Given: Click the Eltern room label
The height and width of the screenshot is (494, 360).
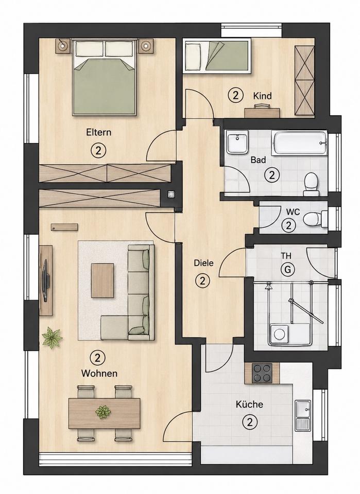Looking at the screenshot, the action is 99,132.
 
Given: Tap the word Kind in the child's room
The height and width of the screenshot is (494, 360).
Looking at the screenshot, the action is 262,96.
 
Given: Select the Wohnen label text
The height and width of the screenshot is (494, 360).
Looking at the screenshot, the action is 99,374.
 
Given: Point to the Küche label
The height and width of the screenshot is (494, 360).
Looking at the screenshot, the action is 249,404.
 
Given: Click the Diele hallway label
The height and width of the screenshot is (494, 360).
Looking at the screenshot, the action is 203,263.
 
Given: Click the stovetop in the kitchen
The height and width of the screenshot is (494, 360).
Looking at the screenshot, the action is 262,374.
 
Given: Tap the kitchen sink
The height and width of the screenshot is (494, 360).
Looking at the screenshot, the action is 303,416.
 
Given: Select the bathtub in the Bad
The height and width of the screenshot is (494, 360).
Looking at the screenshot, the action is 299,144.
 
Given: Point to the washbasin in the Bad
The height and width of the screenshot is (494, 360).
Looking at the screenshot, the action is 237,143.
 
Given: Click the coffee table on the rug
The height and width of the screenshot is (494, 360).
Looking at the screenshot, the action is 102,280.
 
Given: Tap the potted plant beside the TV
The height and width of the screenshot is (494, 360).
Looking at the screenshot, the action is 52,338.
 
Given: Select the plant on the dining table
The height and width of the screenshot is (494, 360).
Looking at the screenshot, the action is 103,412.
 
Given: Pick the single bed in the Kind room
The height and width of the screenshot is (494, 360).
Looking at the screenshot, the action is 217,56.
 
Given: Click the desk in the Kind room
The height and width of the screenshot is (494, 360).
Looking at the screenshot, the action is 262,112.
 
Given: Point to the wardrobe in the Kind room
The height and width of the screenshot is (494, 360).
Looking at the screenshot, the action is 304,81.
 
